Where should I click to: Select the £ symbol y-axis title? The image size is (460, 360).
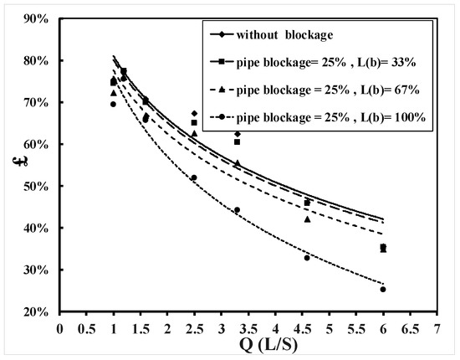14,164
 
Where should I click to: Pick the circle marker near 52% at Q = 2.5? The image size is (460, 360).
194,177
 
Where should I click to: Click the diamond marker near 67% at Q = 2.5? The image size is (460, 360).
194,113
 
